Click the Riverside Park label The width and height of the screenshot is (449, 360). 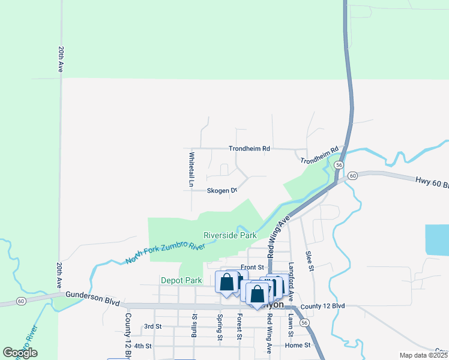[230, 236]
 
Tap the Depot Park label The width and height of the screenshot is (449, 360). [181, 280]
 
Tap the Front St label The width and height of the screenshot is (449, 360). [252, 267]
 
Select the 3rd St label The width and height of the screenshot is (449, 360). [153, 326]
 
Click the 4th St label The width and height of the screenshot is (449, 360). [143, 346]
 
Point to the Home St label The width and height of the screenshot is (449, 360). [298, 345]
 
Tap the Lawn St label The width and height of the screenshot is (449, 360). [291, 325]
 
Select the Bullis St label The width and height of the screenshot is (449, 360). [194, 325]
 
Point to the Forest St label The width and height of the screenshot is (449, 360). [239, 326]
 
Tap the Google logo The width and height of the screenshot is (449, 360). [20, 353]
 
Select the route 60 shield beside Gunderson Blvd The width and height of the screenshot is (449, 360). [22, 300]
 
